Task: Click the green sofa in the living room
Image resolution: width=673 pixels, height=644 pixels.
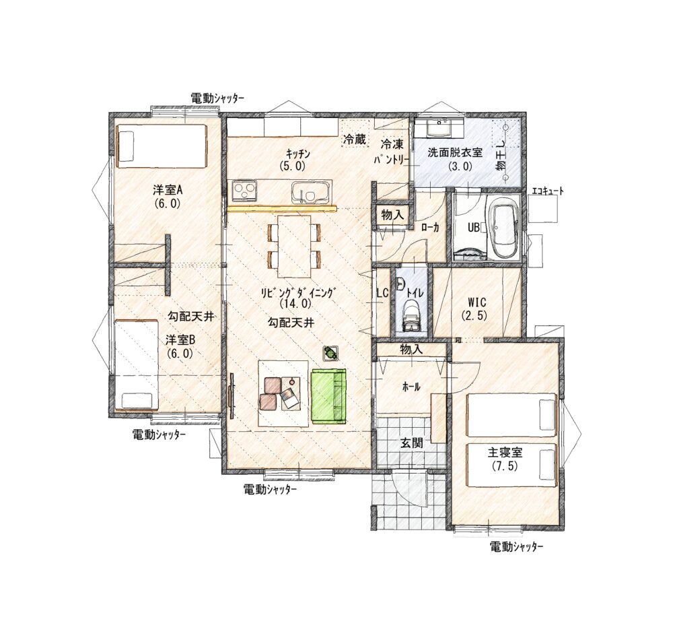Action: tap(328, 397)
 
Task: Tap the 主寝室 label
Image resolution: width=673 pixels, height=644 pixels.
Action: tap(505, 453)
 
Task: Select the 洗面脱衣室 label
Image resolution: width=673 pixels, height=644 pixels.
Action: tap(454, 152)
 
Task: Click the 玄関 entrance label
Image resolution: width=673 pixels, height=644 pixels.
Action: tap(412, 443)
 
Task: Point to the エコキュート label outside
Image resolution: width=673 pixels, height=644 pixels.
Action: tap(548, 191)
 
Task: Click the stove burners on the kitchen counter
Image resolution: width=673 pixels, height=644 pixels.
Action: tap(245, 191)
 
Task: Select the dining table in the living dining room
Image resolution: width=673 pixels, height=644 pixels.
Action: tap(294, 246)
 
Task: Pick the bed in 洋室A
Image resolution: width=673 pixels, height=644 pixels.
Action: tap(161, 146)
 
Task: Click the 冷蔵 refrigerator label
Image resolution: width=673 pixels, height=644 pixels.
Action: tap(355, 139)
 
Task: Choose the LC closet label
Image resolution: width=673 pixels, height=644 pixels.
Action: tap(382, 293)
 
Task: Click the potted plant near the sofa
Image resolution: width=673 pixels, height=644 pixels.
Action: tap(330, 353)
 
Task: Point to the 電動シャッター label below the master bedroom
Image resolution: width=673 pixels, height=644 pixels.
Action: tap(516, 547)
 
